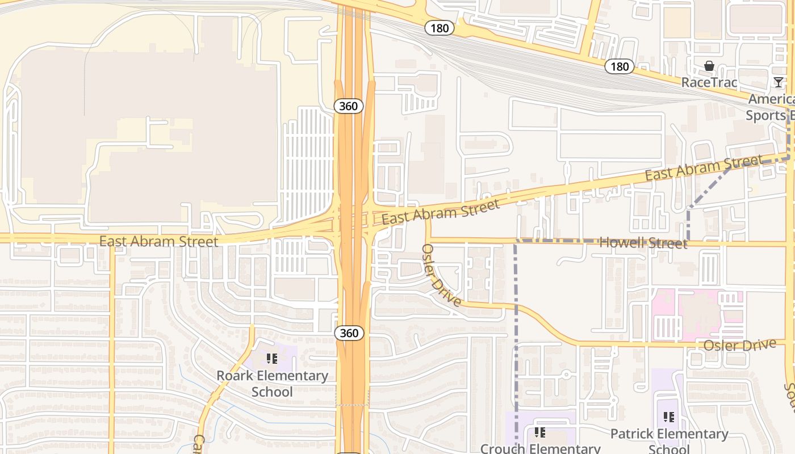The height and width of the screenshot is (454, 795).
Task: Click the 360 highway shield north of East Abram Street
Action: tap(349, 106)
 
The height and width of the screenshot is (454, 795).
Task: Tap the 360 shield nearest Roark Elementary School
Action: tap(349, 333)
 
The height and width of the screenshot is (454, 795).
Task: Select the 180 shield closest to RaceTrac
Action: tap(619, 66)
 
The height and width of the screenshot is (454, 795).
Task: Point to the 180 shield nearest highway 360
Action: tap(440, 27)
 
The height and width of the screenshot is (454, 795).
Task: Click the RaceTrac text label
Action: tap(709, 82)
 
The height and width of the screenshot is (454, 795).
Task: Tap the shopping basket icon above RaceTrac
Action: tap(709, 66)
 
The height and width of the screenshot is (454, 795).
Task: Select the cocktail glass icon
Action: tap(778, 82)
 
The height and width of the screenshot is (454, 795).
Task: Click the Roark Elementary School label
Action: tap(272, 384)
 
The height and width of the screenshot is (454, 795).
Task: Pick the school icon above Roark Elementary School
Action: tap(272, 359)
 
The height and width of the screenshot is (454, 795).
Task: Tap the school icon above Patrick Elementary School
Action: tap(669, 418)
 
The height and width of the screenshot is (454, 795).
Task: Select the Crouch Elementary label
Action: tap(540, 448)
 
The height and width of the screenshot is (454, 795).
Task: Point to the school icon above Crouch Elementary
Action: tap(540, 433)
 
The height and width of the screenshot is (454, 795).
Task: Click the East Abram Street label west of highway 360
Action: tap(158, 241)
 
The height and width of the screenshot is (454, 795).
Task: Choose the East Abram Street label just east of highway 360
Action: tap(441, 211)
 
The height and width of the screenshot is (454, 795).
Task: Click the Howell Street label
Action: tap(643, 243)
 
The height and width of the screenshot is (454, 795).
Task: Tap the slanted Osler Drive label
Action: tap(441, 275)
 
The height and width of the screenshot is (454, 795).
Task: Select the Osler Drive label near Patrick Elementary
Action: tap(739, 345)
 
